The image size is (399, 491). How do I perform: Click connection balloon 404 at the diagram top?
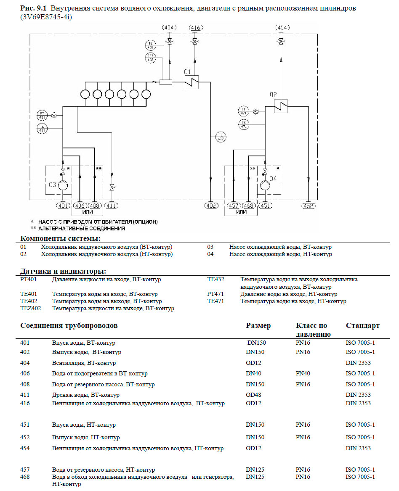pos(169,28)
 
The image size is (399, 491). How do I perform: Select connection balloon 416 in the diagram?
pos(195,28)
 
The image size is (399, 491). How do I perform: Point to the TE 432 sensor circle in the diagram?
pos(221,136)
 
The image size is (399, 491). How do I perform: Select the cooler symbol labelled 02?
pos(281,106)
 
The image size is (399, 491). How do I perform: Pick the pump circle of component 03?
pos(62,185)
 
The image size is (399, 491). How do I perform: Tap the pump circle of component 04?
pos(265,185)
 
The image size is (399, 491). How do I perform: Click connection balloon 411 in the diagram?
pos(111,206)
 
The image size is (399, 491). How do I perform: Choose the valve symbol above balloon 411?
pos(112,187)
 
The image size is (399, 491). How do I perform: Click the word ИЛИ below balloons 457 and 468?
pos(241,211)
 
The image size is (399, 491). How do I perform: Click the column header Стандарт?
pos(362,325)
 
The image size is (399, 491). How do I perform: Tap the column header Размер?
pos(258,325)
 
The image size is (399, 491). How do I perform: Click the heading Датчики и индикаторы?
pos(63,271)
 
